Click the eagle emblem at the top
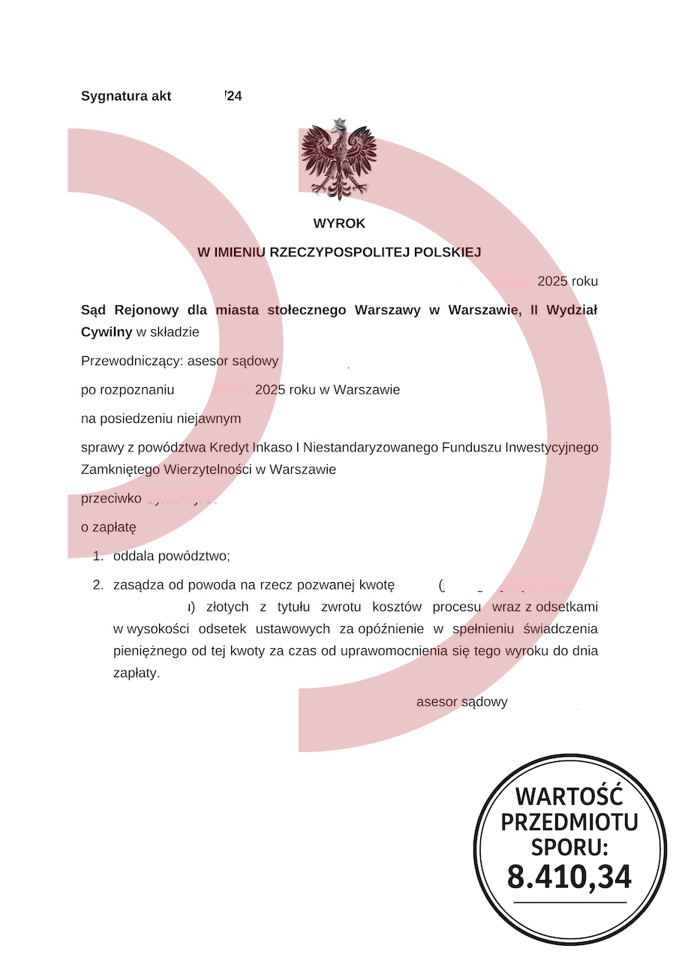click(338, 159)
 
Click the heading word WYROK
click(339, 223)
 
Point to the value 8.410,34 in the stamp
click(569, 877)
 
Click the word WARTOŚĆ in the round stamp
click(569, 796)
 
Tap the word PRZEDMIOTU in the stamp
click(569, 822)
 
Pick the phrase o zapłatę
click(108, 527)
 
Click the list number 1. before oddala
click(98, 556)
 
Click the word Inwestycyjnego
click(551, 448)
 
